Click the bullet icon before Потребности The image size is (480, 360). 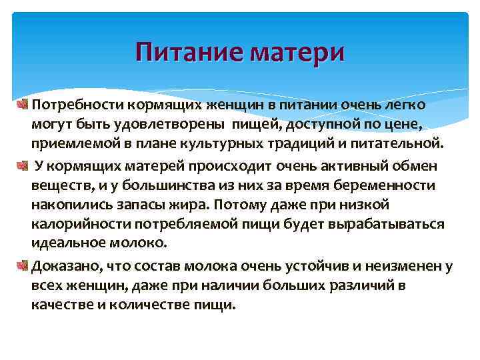point(25,105)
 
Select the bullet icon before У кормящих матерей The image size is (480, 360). point(25,165)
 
